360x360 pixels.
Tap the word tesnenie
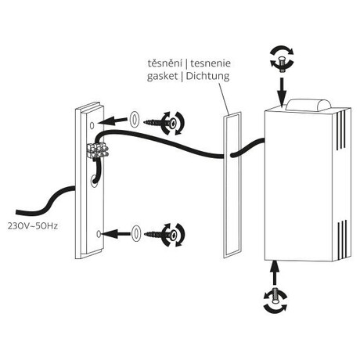point(211,63)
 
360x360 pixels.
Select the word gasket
point(162,77)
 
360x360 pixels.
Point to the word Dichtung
point(208,76)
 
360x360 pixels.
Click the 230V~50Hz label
point(33,226)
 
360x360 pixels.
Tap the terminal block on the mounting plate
point(97,150)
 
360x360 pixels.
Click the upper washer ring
point(135,120)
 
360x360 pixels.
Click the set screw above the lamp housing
point(282,63)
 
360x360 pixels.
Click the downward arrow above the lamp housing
point(283,91)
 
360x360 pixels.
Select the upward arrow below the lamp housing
point(274,272)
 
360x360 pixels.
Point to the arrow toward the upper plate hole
point(113,121)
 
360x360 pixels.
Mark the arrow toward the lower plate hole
point(115,233)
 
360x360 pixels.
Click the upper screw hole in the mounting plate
point(92,125)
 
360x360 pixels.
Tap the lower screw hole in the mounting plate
point(99,234)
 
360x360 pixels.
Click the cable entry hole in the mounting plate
point(94,181)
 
